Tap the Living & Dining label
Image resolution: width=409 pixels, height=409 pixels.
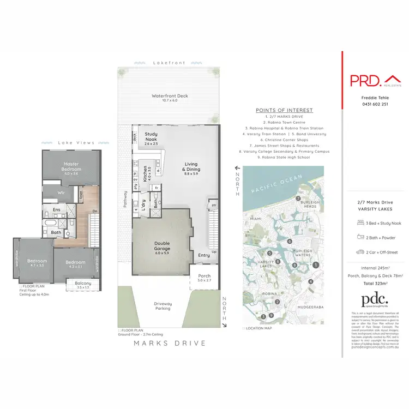point(190,167)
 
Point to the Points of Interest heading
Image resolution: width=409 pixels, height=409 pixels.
point(284,110)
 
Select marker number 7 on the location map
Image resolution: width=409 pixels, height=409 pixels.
point(299,198)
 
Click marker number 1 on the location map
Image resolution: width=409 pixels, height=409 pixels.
point(316,266)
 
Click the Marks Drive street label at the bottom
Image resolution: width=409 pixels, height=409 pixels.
point(170,343)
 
